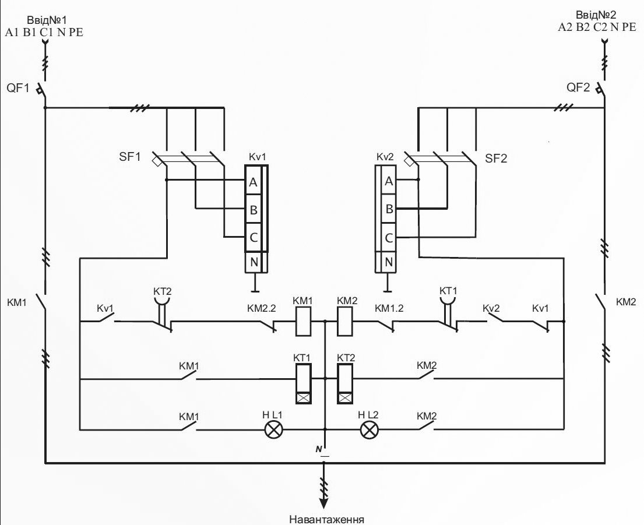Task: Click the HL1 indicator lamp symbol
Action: [273, 430]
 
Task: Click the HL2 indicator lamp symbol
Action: [368, 430]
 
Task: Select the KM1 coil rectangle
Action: [303, 322]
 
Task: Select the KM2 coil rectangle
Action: [345, 322]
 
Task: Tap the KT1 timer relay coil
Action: [303, 383]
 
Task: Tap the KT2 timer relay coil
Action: [345, 383]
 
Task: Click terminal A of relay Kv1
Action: [254, 183]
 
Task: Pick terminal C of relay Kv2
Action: [389, 238]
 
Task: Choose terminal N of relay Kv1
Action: [254, 262]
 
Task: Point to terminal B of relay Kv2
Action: [389, 209]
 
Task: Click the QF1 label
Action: [17, 89]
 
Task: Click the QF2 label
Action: [578, 89]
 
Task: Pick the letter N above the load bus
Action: [319, 449]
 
